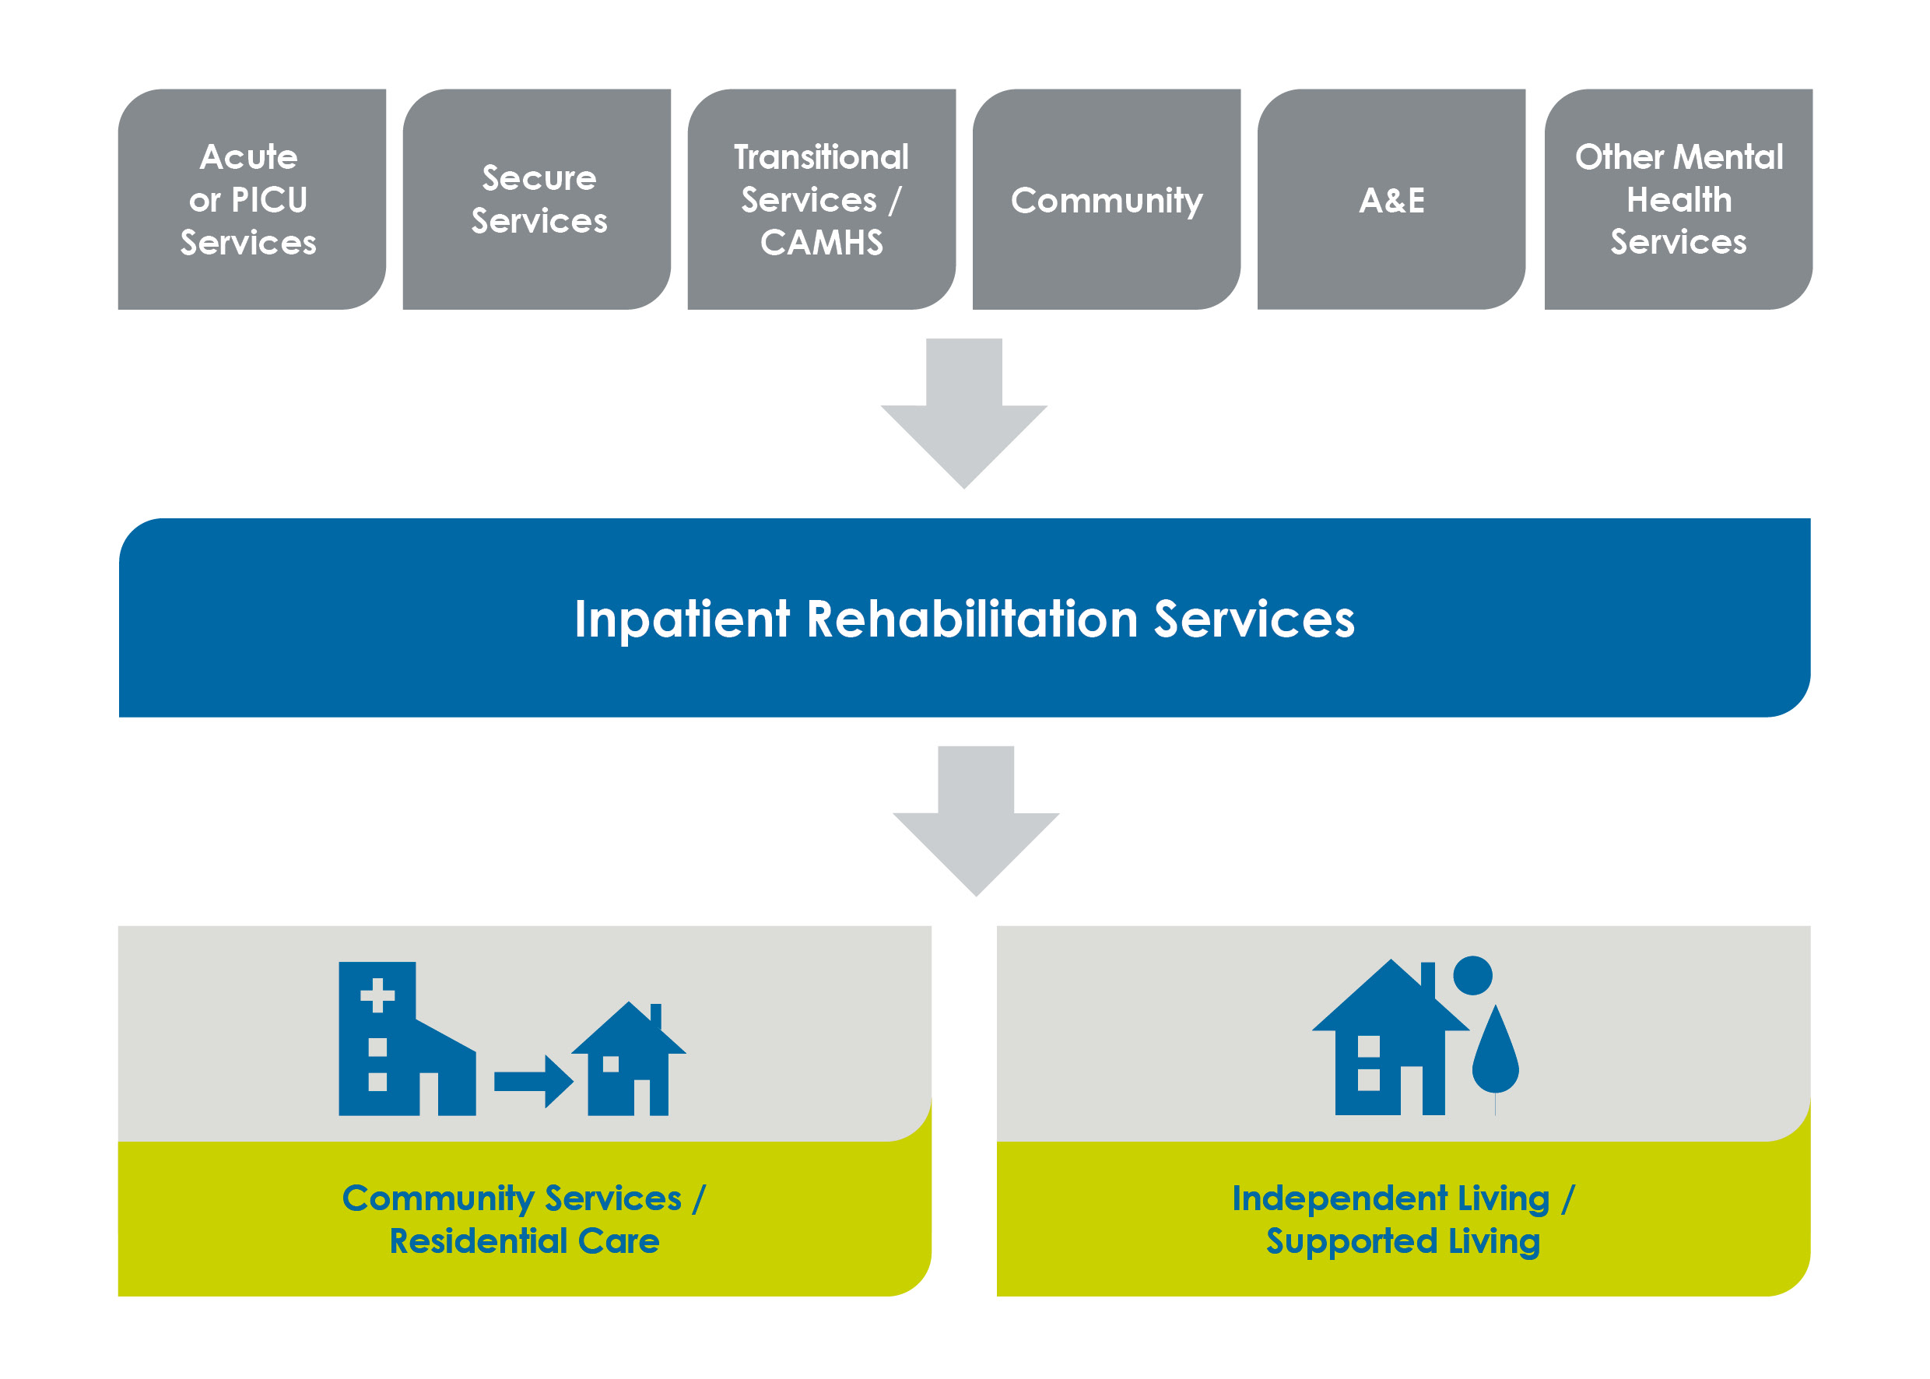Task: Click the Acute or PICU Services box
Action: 251,199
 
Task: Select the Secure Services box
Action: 537,199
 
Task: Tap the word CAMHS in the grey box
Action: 821,243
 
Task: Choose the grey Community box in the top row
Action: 1106,199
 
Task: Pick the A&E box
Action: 1391,199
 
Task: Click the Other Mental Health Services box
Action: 1678,199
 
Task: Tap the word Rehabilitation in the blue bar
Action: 971,618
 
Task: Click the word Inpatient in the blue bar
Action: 682,618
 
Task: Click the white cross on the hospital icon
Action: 377,996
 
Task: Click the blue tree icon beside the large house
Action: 1495,1053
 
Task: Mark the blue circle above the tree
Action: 1472,975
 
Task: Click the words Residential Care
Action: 524,1240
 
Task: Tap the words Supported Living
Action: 1402,1240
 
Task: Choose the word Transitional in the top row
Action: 821,157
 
